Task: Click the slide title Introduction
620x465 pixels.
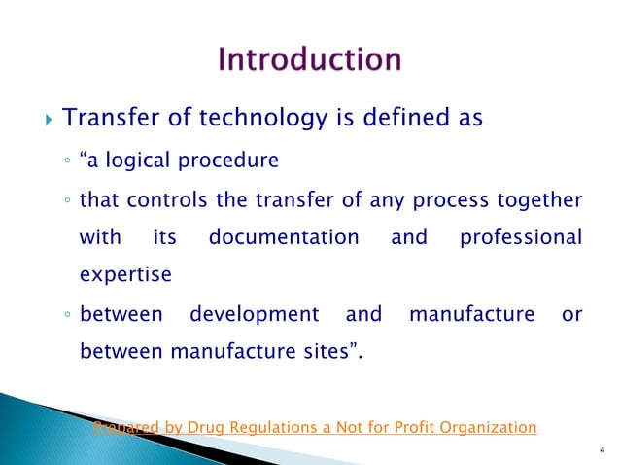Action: coord(310,59)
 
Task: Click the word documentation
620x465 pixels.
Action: coord(284,237)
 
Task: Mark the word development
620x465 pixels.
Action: coord(254,315)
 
